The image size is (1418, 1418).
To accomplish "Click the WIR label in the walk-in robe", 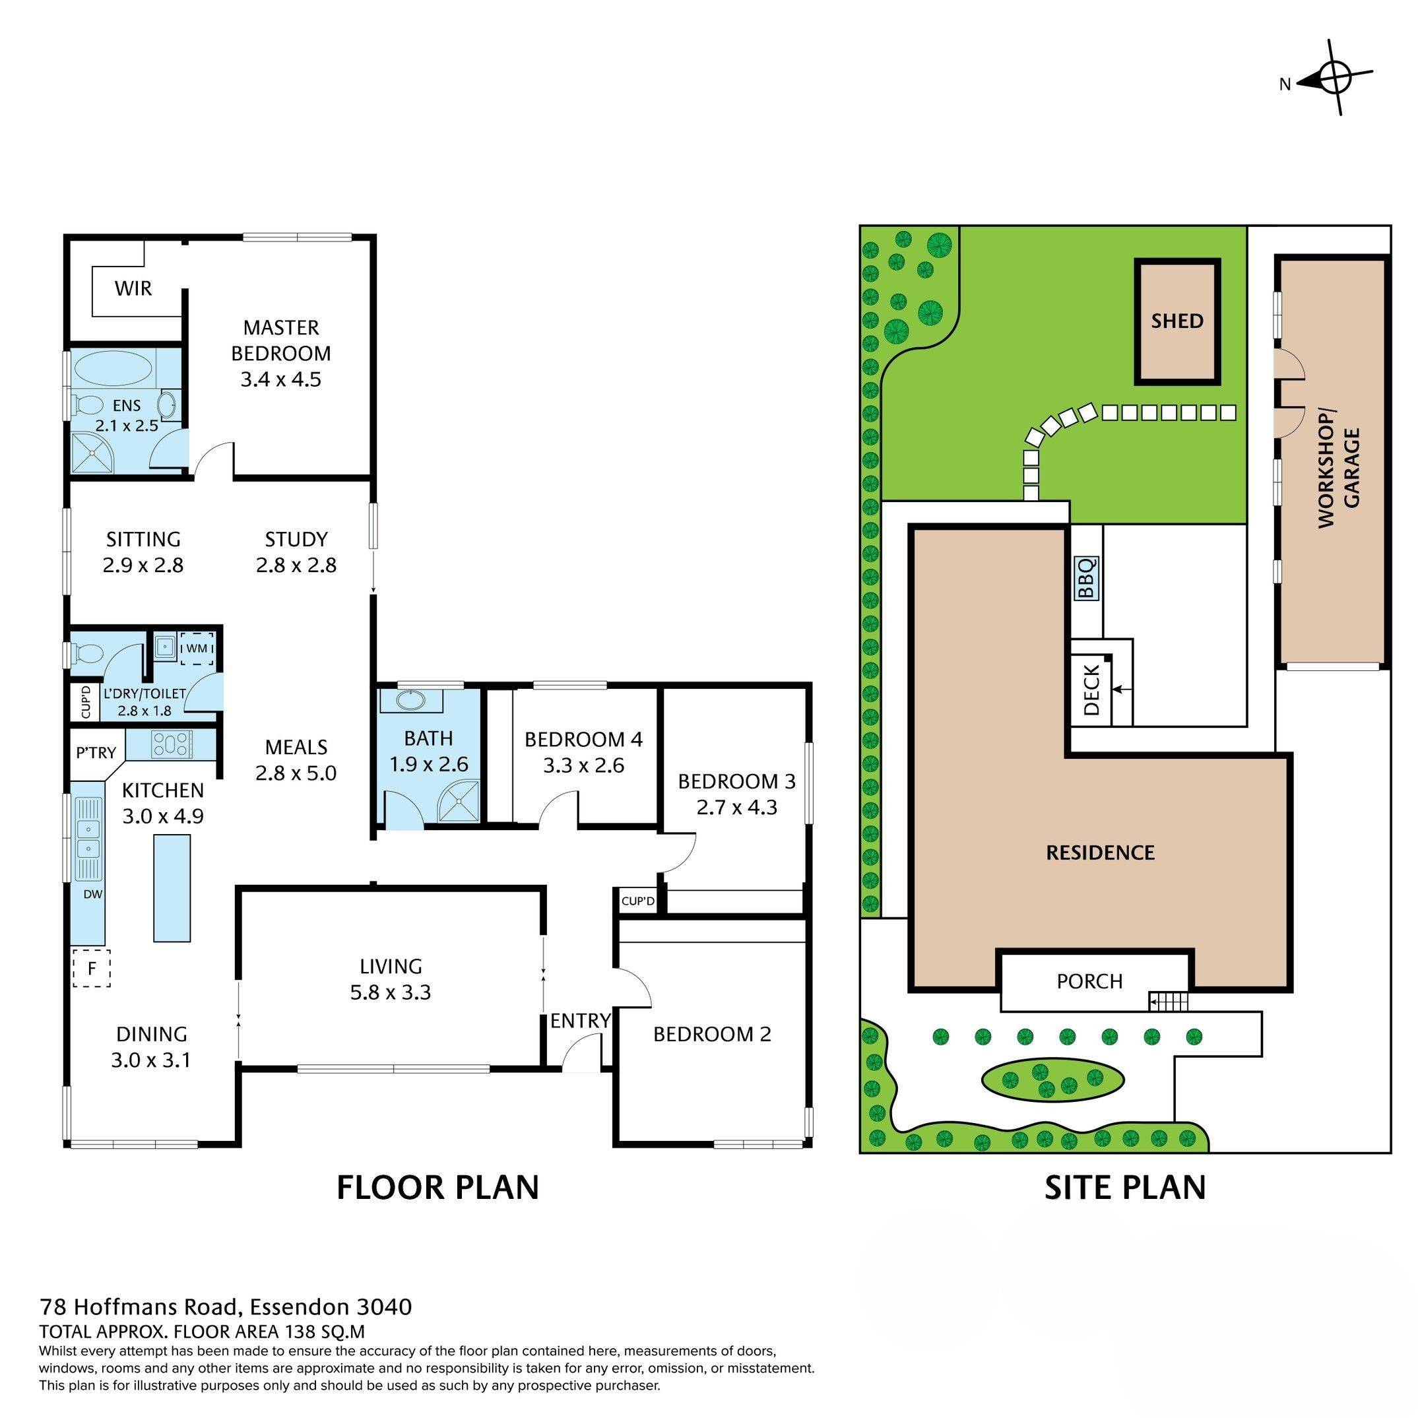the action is coord(133,288).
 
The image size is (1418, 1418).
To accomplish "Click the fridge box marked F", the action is coord(92,968).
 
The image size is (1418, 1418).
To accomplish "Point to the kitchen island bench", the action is coord(172,889).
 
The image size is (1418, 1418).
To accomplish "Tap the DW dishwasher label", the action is coord(92,894).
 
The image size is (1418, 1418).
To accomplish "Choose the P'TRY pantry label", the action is coord(96,752).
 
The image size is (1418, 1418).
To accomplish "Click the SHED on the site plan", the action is coord(1177,321).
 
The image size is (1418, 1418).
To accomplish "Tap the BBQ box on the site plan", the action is coord(1087,577).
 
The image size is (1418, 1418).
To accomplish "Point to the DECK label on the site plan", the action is coord(1091,690).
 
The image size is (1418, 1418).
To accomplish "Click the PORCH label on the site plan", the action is coord(1089,981).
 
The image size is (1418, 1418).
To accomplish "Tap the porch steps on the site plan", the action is coord(1168,1001).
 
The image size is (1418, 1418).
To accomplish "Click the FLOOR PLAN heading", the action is coord(437,1187).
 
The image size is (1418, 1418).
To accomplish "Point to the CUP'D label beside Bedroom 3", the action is coord(638,901).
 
